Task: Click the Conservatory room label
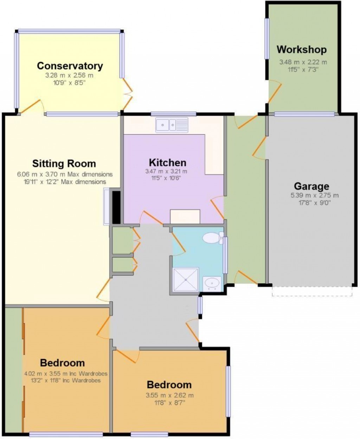point(70,66)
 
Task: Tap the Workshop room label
point(301,50)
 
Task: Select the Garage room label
point(311,186)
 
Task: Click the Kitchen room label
point(167,163)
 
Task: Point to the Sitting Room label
point(64,163)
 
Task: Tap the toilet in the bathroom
point(212,238)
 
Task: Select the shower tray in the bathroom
point(186,279)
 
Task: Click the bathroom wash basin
point(212,283)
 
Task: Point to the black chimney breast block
point(116,207)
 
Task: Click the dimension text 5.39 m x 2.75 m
point(311,195)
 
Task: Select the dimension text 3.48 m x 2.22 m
point(303,62)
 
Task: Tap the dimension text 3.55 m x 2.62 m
point(169,395)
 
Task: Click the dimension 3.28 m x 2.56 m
point(70,75)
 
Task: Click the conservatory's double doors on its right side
point(127,93)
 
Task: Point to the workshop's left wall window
point(267,38)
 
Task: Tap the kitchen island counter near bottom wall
point(185,217)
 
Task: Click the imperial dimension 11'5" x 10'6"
point(166,178)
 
